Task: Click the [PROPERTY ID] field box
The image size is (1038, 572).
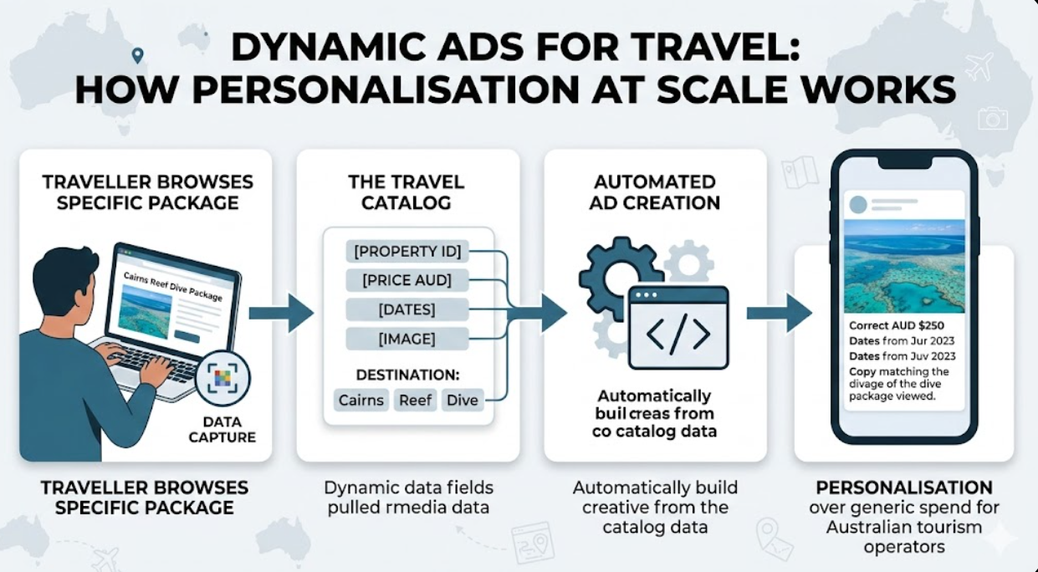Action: click(x=407, y=251)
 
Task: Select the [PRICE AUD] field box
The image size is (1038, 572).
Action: click(x=407, y=280)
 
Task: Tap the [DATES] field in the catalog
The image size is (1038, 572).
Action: click(x=407, y=309)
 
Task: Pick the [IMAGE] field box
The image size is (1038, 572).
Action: click(x=407, y=339)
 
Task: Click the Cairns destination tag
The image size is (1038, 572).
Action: click(x=360, y=400)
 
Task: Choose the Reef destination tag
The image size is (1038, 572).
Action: click(x=415, y=400)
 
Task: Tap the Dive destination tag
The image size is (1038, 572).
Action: click(x=462, y=400)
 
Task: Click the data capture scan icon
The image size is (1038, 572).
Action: click(x=222, y=378)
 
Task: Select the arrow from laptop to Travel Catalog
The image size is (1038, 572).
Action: click(x=281, y=313)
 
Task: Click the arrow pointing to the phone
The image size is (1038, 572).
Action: click(x=779, y=313)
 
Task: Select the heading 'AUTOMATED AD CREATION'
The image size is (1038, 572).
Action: click(x=655, y=192)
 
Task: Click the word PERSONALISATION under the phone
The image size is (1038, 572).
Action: click(x=904, y=488)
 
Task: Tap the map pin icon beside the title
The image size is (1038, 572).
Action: click(x=138, y=55)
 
